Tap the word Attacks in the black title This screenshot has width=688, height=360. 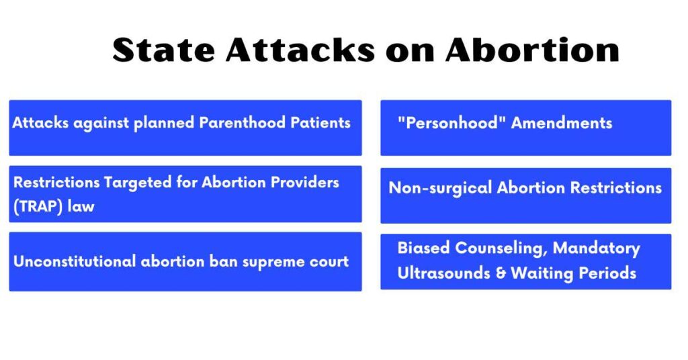[x=300, y=50]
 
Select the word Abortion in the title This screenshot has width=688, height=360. [x=532, y=50]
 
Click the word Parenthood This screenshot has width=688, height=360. [x=242, y=122]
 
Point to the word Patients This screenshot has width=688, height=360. [x=320, y=122]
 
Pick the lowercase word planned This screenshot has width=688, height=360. [x=164, y=123]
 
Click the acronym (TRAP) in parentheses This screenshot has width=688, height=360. [x=38, y=206]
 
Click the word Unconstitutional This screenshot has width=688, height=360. [x=75, y=261]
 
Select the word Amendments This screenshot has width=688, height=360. [x=562, y=123]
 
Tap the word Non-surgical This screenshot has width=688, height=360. [x=440, y=188]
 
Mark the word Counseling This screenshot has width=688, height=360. [x=501, y=249]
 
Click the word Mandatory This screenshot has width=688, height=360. [x=597, y=249]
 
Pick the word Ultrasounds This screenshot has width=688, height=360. [x=443, y=273]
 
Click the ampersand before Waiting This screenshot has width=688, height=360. [x=501, y=273]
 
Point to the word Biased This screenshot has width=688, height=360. [x=423, y=248]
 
